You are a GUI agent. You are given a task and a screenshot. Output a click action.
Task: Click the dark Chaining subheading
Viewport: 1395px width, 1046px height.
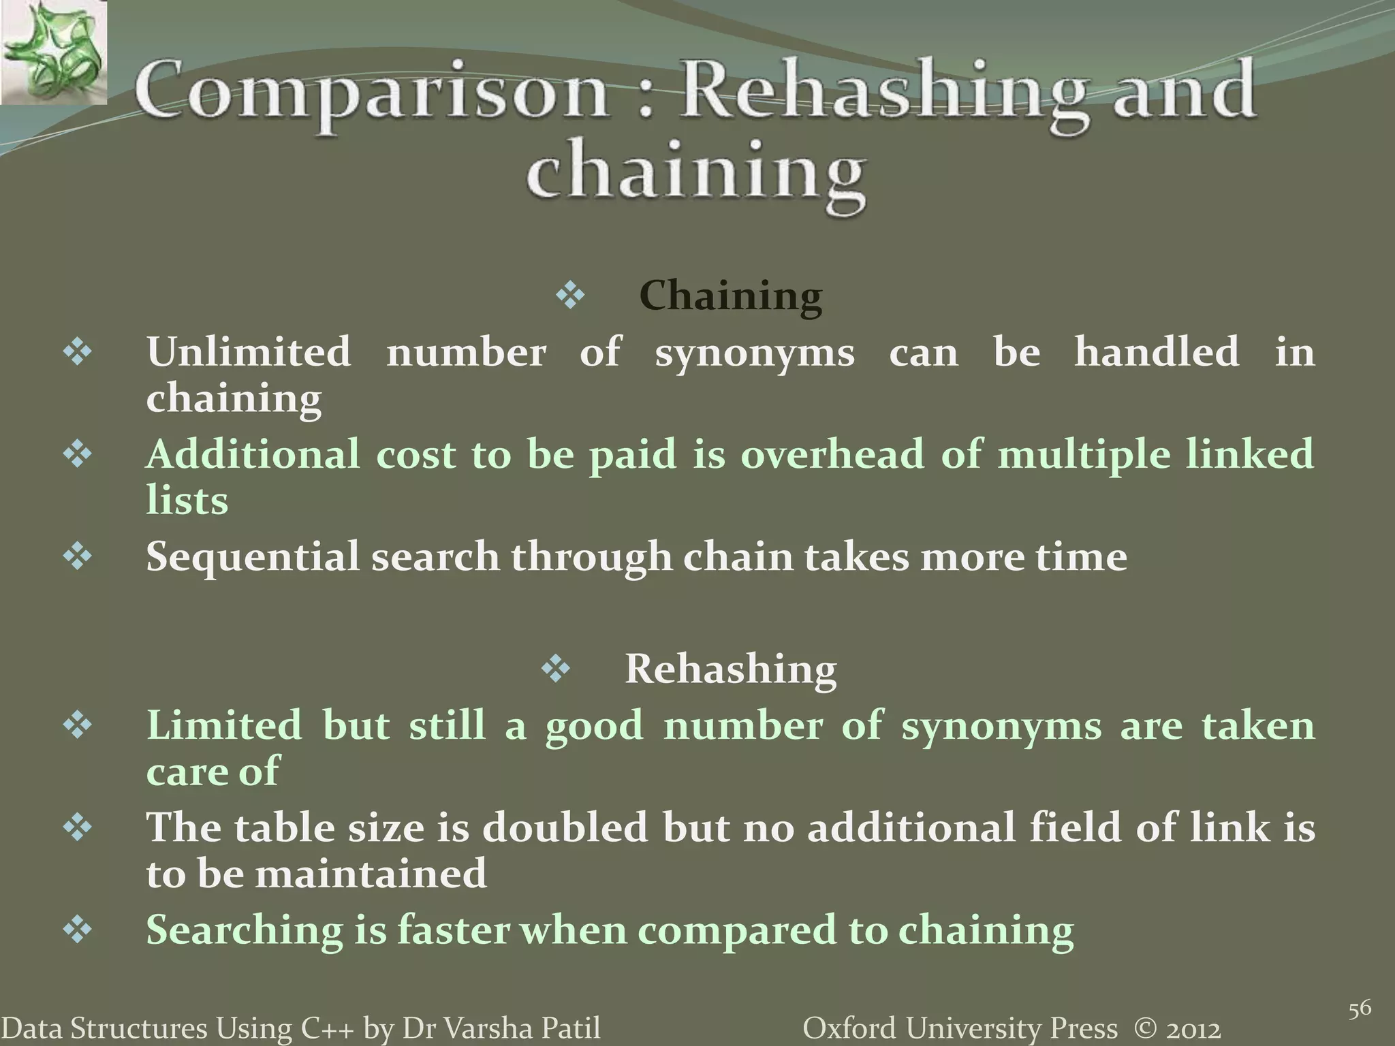click(x=730, y=296)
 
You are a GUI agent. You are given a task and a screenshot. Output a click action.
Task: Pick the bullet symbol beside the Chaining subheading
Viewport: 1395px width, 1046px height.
click(x=570, y=296)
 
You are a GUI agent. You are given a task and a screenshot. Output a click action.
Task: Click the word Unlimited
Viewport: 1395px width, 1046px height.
click(x=249, y=352)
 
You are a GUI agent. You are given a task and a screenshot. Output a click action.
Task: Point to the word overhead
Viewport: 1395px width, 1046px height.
click(x=832, y=454)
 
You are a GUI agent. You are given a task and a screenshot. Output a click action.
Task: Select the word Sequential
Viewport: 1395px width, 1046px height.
click(x=253, y=557)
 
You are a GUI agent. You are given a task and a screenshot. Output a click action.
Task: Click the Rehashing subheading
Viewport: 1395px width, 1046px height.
click(x=730, y=669)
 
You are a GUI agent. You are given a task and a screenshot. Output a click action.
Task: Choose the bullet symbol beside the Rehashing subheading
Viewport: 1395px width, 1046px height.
click(x=556, y=669)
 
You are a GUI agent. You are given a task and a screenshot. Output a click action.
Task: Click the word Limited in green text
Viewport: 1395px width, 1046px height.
click(x=224, y=725)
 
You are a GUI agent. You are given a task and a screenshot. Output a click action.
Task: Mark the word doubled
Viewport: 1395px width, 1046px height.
click(x=565, y=827)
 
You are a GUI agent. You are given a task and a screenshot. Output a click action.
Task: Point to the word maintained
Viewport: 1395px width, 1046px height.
click(x=371, y=874)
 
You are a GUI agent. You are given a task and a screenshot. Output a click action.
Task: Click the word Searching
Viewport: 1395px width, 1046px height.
click(x=245, y=930)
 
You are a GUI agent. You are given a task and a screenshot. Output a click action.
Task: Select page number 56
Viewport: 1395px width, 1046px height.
click(x=1360, y=1009)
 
